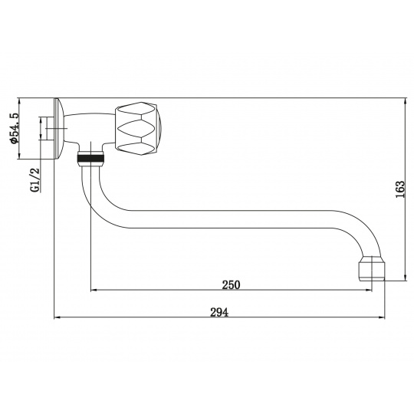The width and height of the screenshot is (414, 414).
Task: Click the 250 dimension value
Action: coord(231,284)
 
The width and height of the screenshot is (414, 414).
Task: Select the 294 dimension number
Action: coord(219,312)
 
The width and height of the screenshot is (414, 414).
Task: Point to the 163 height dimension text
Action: coord(399,189)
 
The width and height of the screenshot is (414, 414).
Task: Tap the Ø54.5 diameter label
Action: coord(14,128)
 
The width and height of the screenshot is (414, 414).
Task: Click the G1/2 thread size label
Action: coord(34,179)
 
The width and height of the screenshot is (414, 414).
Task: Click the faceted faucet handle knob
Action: coord(138,129)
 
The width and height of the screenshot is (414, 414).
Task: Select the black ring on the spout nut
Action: coord(90,158)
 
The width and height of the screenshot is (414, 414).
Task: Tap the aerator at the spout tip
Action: coord(372,268)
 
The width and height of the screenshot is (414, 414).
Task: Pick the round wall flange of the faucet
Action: coord(58,129)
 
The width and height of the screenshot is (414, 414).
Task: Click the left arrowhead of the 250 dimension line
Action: coord(93,290)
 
